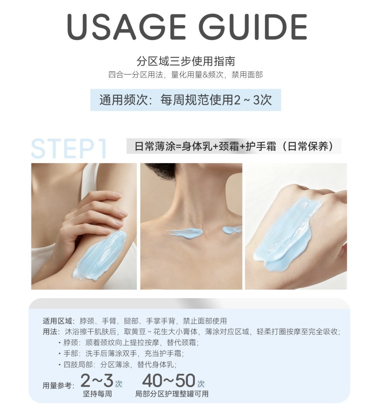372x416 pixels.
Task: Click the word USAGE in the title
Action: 126,26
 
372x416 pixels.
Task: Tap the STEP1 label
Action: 69,148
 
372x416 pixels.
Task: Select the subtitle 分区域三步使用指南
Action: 186,61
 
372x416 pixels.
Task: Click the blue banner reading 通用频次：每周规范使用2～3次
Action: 186,100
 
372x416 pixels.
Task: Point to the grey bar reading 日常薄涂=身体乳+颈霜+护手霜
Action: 234,146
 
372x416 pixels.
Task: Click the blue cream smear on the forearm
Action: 101,255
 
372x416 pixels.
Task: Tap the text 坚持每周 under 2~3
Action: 97,394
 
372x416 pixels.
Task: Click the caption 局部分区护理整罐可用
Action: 172,394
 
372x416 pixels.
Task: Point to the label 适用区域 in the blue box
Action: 57,321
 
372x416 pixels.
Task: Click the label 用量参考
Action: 57,385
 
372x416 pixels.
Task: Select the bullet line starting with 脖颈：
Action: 128,342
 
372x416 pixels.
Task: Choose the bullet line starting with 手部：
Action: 121,354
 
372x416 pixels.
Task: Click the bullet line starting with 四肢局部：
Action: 117,364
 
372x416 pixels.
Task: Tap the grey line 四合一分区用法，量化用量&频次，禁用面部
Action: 186,75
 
